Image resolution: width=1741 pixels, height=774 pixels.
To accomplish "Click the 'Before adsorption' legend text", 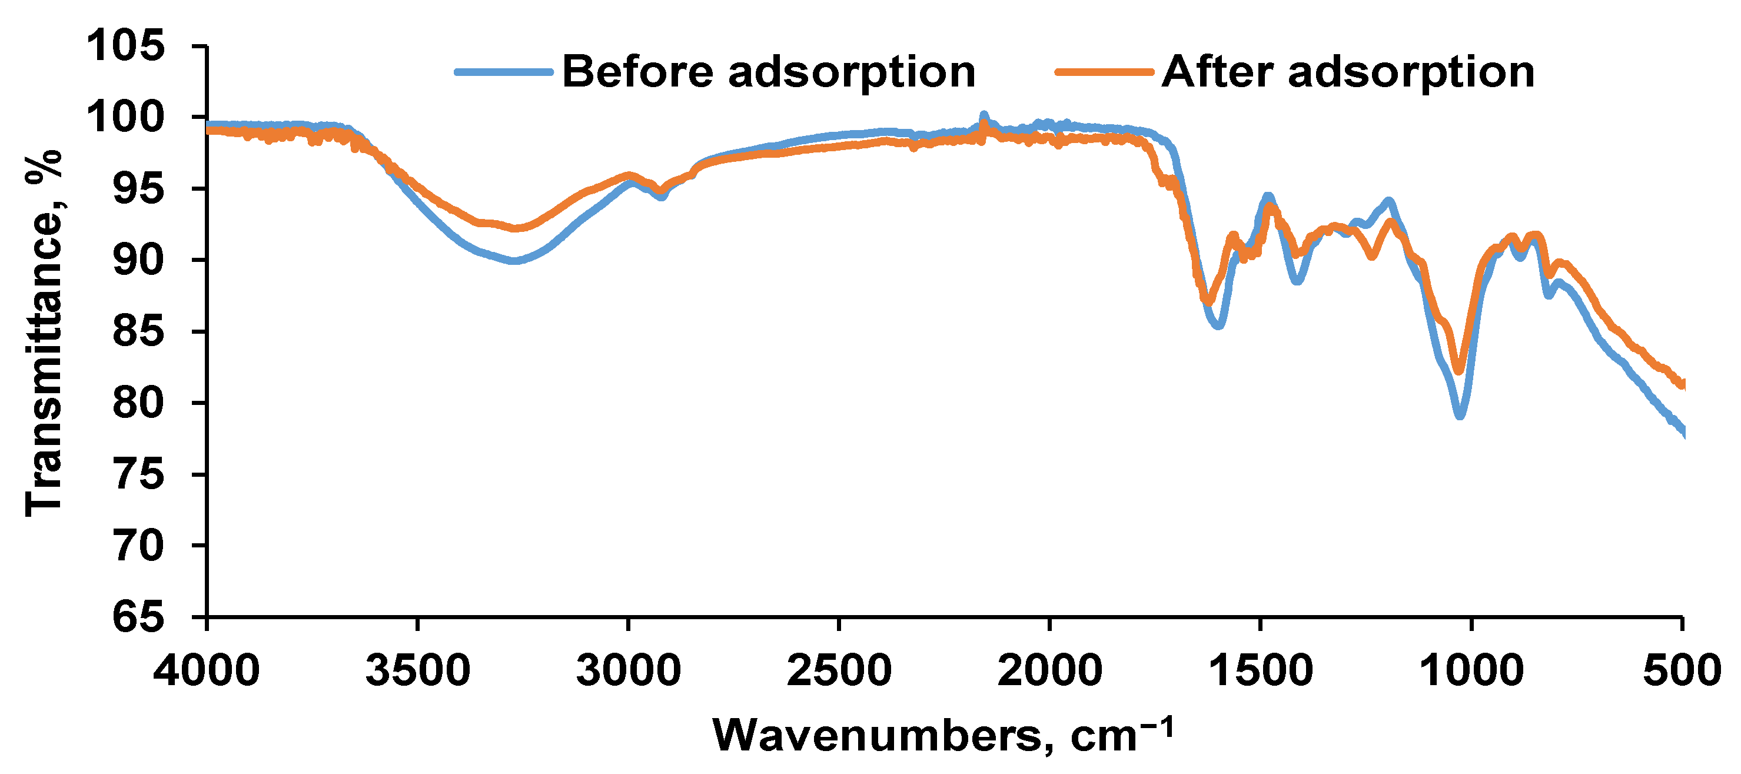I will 769,72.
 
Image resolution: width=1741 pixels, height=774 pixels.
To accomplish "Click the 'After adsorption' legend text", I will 1348,72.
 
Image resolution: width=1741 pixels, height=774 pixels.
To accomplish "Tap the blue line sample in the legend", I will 503,72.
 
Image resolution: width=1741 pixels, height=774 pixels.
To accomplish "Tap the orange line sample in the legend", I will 1104,72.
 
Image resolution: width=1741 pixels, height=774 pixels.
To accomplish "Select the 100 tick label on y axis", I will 126,117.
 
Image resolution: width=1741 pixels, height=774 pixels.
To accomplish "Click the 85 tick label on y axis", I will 138,331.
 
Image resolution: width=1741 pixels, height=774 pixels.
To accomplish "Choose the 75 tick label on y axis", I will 138,474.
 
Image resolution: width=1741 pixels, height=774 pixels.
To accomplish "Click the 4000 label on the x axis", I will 206,670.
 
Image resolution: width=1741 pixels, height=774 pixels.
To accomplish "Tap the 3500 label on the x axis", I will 418,670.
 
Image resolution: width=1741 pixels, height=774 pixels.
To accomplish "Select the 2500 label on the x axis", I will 839,670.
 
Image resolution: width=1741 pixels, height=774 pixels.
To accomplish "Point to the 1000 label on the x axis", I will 1471,670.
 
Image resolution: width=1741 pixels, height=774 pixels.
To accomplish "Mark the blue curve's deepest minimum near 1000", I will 1460,415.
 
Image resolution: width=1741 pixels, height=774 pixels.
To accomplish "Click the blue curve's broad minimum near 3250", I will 515,260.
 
